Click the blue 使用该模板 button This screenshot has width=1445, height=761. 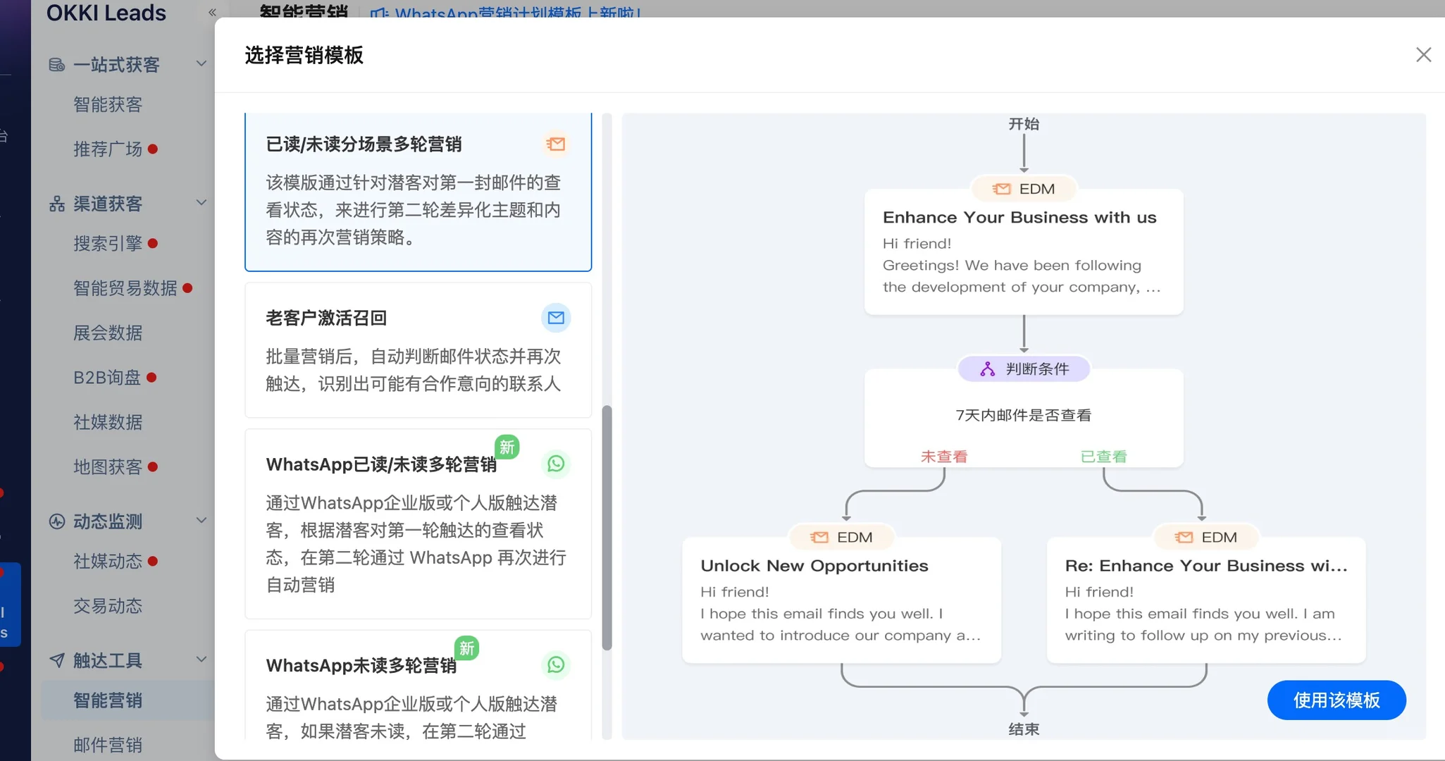pos(1336,700)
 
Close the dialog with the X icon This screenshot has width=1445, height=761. pos(1423,55)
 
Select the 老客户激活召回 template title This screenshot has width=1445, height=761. pos(326,318)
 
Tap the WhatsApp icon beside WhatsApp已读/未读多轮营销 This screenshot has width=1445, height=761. pos(556,464)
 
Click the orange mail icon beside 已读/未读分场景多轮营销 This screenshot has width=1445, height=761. pos(556,144)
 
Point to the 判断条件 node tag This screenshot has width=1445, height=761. pos(1024,369)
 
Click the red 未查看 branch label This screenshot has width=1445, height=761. pos(944,457)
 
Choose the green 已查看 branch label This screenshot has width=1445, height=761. pos(1103,457)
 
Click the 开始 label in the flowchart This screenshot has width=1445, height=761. pos(1024,124)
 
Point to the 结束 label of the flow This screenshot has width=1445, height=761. pos(1024,729)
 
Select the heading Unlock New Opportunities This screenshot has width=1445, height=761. pos(814,566)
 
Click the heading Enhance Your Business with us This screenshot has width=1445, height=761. pos(1019,218)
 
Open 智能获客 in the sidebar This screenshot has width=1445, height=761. pos(108,105)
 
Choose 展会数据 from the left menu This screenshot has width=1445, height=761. pos(108,333)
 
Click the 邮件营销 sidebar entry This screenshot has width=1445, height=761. pos(108,745)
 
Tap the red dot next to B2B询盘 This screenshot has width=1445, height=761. pos(151,378)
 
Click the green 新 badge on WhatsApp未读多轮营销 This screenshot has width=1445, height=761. pos(466,648)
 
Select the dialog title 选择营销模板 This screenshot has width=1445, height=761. pos(304,55)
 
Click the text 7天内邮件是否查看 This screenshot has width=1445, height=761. pos(1023,415)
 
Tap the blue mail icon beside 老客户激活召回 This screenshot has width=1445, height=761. pos(556,318)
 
